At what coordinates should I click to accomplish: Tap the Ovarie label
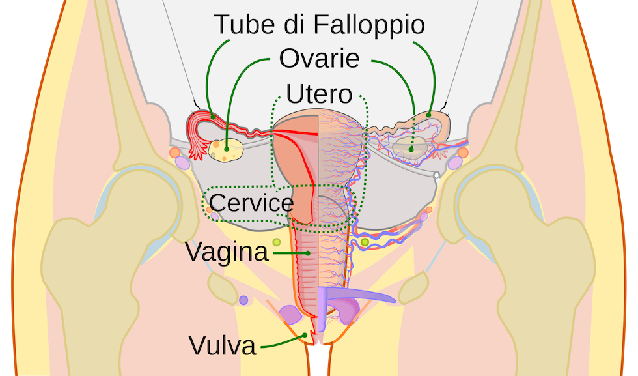pos(319,58)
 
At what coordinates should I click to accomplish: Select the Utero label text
pos(319,94)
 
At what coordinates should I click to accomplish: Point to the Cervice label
pos(252,203)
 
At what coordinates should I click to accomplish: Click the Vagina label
pos(227,252)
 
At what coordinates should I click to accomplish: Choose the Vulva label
pos(222,345)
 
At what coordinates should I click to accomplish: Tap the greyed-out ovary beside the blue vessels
pos(412,148)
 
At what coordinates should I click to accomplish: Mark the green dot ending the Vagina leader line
pos(307,252)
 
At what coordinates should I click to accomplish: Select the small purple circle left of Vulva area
pos(243,300)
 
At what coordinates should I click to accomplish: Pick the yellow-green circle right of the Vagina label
pos(277,242)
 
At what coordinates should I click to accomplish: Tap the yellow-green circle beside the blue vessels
pos(365,242)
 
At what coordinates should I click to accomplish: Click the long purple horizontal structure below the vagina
pos(365,296)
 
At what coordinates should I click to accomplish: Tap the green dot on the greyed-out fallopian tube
pos(429,115)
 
